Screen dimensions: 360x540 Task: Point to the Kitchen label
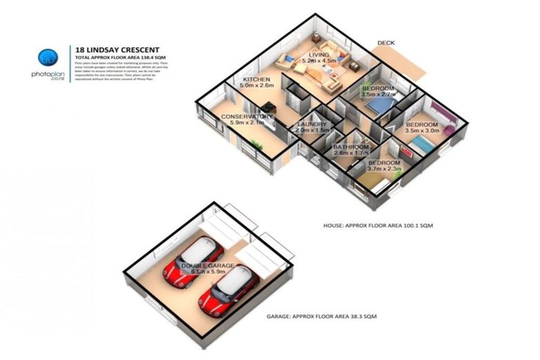[257, 80]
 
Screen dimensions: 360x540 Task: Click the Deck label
[385, 44]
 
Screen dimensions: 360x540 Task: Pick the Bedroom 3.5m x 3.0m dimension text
[421, 131]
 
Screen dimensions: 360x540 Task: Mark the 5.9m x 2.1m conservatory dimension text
[247, 124]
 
